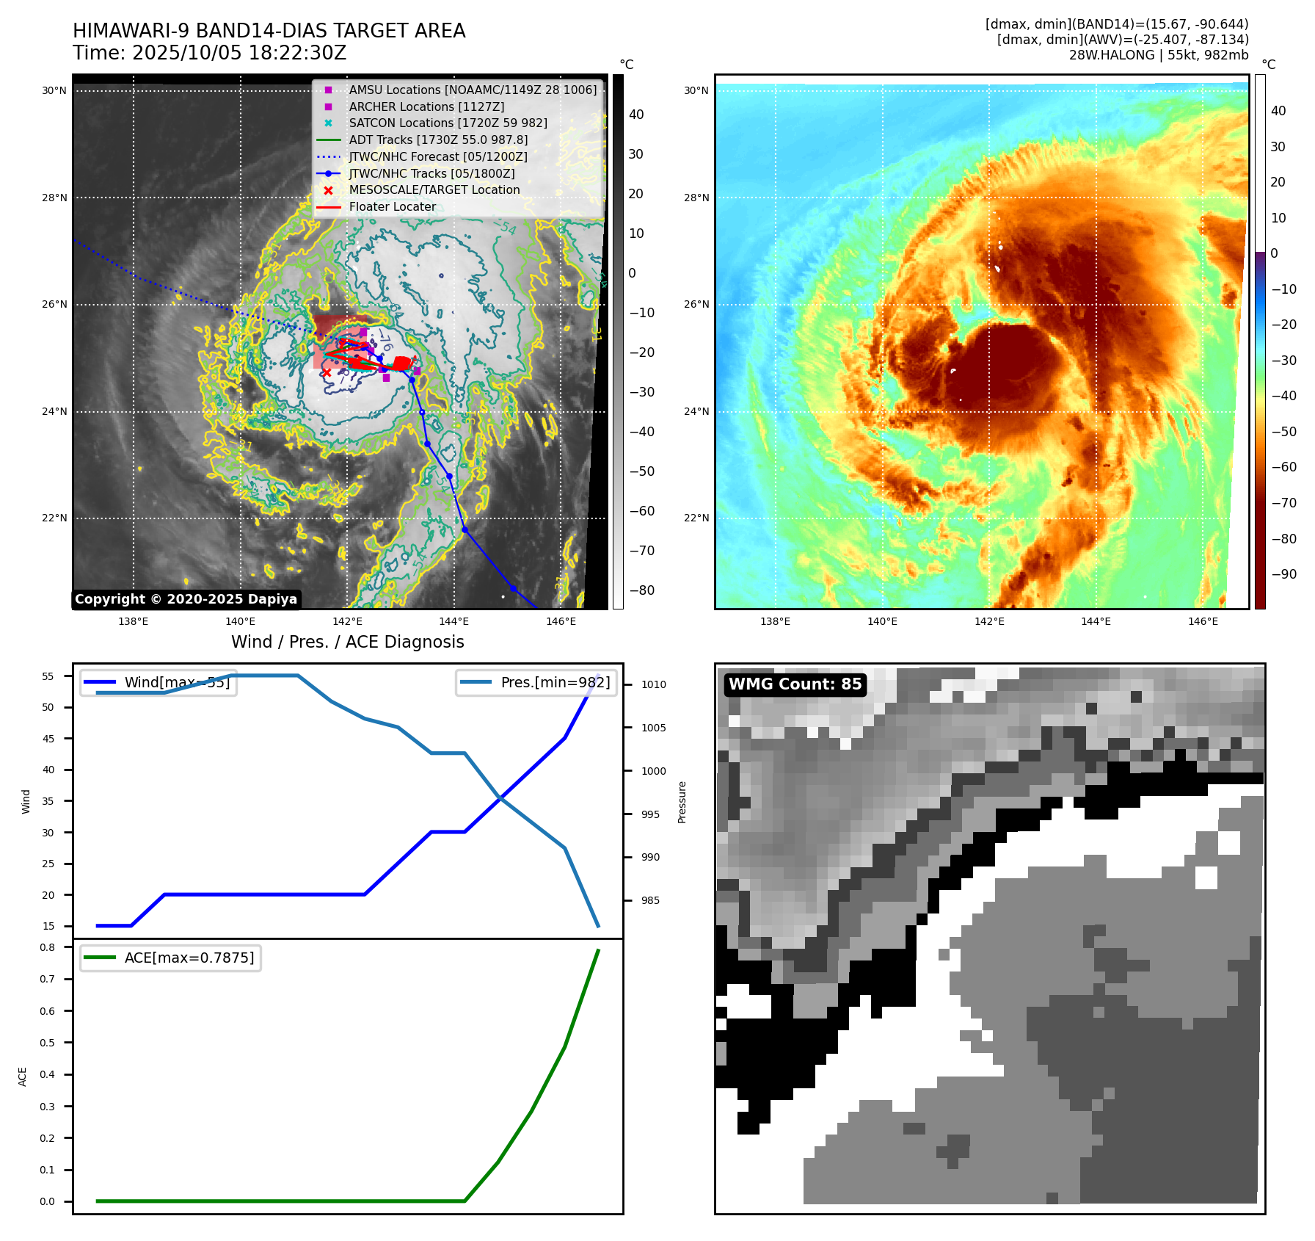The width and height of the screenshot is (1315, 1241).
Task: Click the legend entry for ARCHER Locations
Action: [426, 106]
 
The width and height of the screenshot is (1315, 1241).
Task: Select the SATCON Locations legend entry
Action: [448, 123]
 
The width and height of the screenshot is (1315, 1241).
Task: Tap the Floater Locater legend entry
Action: [392, 207]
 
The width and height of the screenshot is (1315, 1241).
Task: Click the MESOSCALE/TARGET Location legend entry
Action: [434, 190]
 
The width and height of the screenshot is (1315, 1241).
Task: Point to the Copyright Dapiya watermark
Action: [186, 599]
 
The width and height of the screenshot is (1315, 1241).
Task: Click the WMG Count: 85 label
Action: [795, 684]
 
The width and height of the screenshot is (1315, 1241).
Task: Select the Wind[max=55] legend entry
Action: [177, 682]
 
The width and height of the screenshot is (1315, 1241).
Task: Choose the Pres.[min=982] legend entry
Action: [555, 682]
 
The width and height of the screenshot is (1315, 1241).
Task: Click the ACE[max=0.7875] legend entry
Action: [189, 958]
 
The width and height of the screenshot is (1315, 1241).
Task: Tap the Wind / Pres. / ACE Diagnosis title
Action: [348, 642]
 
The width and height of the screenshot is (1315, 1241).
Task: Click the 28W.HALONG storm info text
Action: [1158, 55]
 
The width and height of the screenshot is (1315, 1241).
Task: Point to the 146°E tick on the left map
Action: [561, 621]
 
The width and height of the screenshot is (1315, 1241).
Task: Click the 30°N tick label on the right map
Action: [696, 91]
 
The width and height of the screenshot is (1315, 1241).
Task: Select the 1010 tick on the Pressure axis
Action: [653, 684]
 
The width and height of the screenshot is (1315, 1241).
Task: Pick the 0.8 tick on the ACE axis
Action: [48, 947]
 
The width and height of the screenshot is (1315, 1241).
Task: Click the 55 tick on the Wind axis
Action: [48, 676]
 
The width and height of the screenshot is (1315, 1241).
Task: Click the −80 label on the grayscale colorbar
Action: [641, 590]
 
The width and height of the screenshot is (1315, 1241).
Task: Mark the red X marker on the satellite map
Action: [327, 373]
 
